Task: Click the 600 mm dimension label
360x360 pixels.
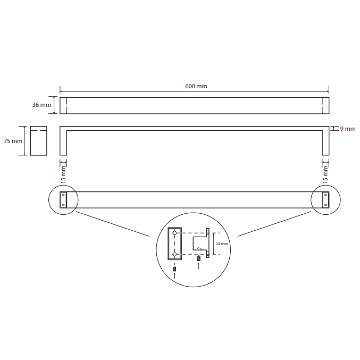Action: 196,86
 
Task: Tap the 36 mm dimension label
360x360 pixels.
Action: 41,105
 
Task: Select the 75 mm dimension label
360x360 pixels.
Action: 13,141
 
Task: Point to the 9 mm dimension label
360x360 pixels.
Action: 348,129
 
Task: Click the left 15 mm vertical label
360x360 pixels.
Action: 63,175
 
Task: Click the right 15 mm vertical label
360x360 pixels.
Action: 325,175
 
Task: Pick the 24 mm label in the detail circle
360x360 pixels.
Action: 222,244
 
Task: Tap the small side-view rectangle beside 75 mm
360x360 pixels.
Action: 39,141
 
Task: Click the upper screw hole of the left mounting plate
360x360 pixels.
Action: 63,195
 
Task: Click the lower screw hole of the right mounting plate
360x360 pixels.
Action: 325,205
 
